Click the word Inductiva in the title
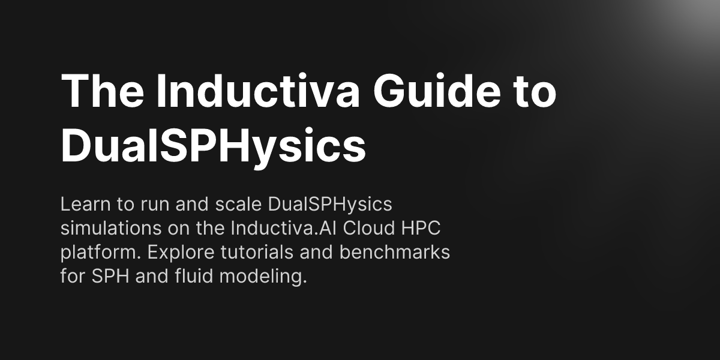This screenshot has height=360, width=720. click(258, 91)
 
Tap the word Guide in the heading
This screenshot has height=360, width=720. click(437, 91)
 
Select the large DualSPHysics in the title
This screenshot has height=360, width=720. click(213, 146)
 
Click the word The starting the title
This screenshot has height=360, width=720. click(102, 91)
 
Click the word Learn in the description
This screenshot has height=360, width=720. click(85, 204)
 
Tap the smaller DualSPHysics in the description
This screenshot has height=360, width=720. click(330, 205)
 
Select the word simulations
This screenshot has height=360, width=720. click(111, 228)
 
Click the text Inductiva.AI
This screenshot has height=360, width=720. click(283, 228)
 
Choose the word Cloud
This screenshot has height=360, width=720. click(368, 228)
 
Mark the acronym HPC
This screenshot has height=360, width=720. click(421, 228)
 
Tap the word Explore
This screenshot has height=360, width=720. click(181, 253)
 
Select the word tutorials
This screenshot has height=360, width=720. click(257, 252)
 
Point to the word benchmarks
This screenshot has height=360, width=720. click(395, 252)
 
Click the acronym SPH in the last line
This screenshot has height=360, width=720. click(110, 276)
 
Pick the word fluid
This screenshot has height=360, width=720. click(194, 276)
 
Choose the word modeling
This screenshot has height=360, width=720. click(263, 277)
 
